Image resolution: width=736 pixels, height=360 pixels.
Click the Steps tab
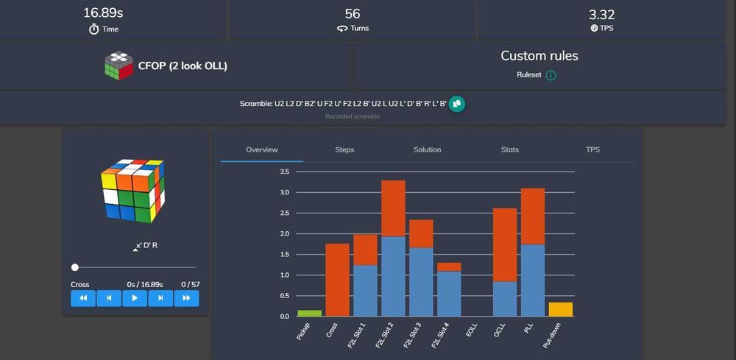pyautogui.click(x=344, y=149)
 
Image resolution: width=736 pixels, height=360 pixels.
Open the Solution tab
pyautogui.click(x=427, y=149)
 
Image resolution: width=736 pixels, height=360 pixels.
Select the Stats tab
pyautogui.click(x=510, y=149)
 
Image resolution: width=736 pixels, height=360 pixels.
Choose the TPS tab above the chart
pyautogui.click(x=592, y=149)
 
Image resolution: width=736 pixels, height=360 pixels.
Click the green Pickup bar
pyautogui.click(x=310, y=314)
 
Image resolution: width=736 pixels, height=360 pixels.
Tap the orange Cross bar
pyautogui.click(x=337, y=280)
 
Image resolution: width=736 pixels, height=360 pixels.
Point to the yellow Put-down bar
pyautogui.click(x=561, y=309)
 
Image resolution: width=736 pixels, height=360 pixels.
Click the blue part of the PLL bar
pyautogui.click(x=533, y=280)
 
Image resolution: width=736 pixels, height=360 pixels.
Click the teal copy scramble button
pyautogui.click(x=456, y=104)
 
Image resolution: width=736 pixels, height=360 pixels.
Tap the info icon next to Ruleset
pyautogui.click(x=551, y=75)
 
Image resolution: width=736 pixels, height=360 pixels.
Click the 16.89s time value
pyautogui.click(x=103, y=13)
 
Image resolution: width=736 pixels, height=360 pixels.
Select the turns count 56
pyautogui.click(x=352, y=14)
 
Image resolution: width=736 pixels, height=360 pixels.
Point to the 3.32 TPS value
pyautogui.click(x=601, y=14)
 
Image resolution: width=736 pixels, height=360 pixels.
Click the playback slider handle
pyautogui.click(x=75, y=267)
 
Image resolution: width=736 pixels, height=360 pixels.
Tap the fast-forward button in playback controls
pyautogui.click(x=186, y=298)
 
